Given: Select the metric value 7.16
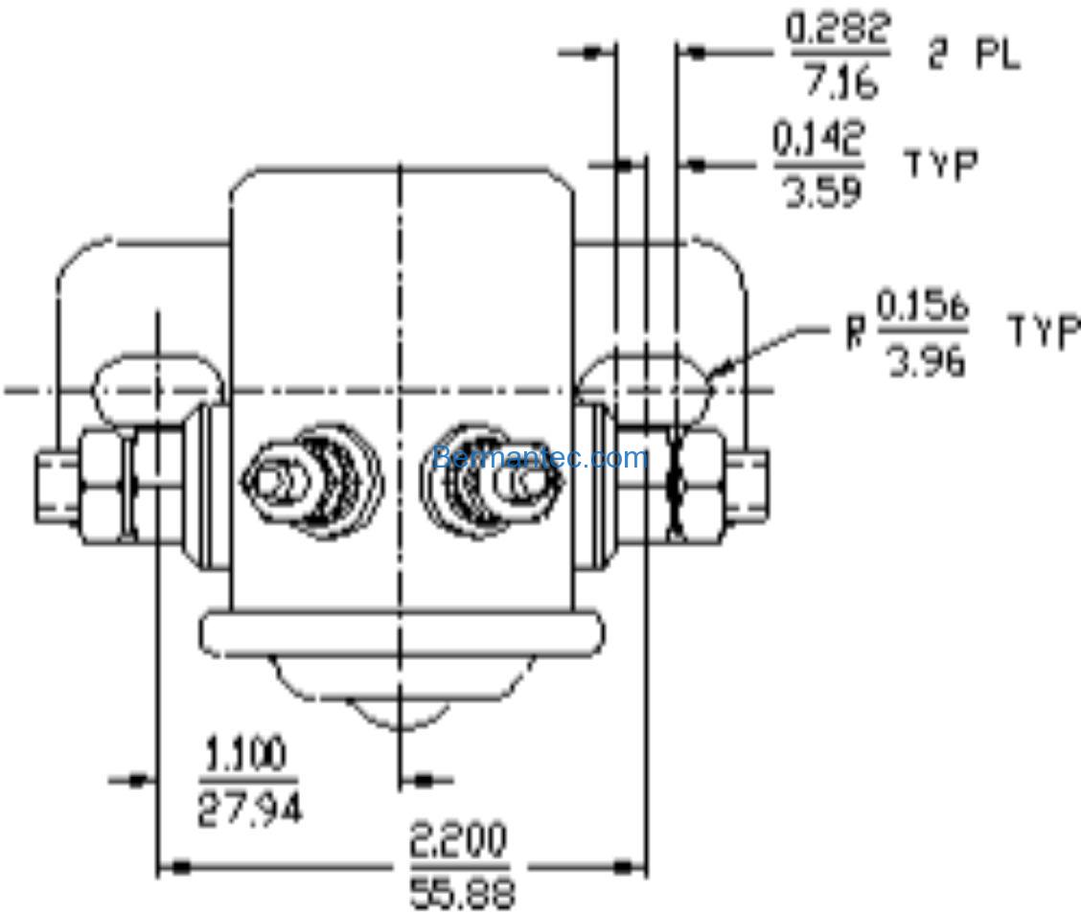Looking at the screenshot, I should pyautogui.click(x=839, y=83).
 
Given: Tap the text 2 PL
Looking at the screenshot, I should pyautogui.click(x=973, y=57).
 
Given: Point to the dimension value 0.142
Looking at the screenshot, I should pyautogui.click(x=819, y=140).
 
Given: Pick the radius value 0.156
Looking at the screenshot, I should pyautogui.click(x=923, y=309).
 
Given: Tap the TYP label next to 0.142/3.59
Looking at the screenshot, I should pyautogui.click(x=942, y=165).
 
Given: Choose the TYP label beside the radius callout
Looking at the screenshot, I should pyautogui.click(x=1044, y=332).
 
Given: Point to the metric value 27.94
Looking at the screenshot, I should pyautogui.click(x=249, y=810).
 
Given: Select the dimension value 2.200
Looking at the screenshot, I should pyautogui.click(x=458, y=842).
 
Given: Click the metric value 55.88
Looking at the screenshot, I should pyautogui.click(x=462, y=893).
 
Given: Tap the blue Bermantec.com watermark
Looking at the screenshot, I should pyautogui.click(x=540, y=458).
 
